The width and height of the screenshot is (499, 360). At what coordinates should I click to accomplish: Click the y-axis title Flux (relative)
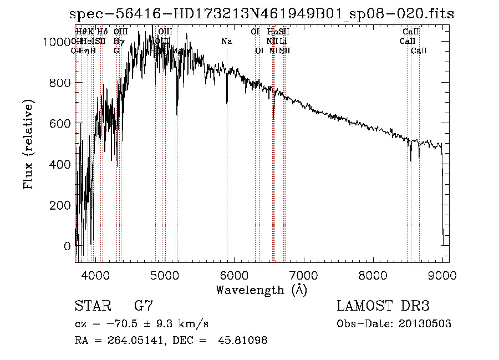(x=28, y=144)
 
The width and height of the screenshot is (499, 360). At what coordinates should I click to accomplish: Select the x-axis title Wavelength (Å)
(x=262, y=290)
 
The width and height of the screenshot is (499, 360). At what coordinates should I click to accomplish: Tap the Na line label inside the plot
(x=226, y=41)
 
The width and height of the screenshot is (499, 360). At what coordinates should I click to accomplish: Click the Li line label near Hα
(x=283, y=41)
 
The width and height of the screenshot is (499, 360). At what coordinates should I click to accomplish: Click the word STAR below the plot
(x=91, y=306)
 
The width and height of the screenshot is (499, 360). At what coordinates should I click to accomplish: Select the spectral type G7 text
(x=144, y=306)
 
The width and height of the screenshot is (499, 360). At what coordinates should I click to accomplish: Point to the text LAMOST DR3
(x=383, y=306)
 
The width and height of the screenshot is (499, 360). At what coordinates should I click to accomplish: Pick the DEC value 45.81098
(x=242, y=341)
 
